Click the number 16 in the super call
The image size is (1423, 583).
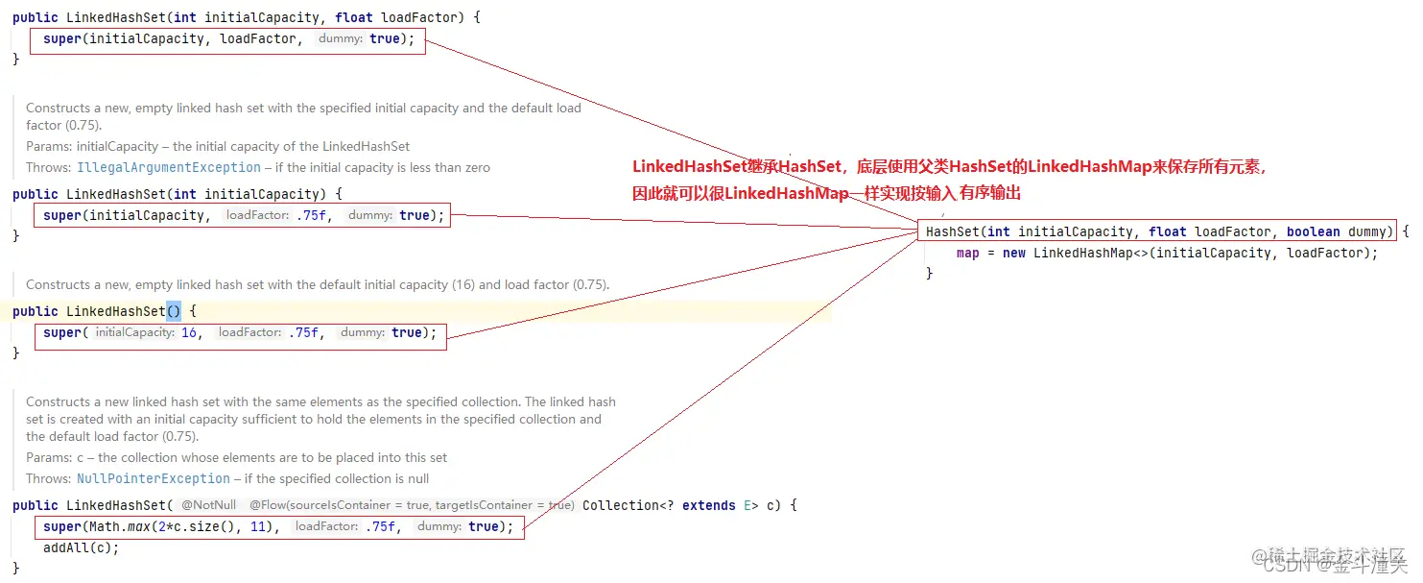coord(189,332)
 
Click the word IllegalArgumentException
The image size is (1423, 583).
coord(169,167)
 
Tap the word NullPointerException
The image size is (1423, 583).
coord(154,478)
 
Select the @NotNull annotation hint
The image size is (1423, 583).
coord(208,505)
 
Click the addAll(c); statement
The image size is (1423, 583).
coord(82,547)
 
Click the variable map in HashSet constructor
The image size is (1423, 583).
coord(967,253)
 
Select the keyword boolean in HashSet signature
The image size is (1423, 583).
coord(1313,231)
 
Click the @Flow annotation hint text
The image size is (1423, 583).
coord(412,505)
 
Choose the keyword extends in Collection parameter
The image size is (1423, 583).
coord(709,505)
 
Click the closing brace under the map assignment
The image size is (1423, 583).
coord(929,274)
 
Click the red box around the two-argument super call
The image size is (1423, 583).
coord(228,39)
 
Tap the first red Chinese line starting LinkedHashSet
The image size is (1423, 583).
coord(950,167)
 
